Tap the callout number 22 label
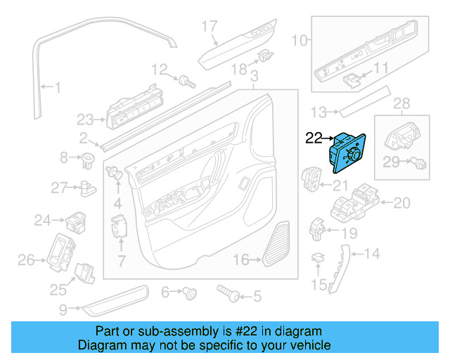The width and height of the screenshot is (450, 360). click(314, 139)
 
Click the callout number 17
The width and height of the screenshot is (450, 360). click(210, 27)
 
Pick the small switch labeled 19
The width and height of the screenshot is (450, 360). click(316, 227)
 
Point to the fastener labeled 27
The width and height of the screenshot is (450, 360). click(86, 187)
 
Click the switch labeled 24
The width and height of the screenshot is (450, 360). click(75, 221)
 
